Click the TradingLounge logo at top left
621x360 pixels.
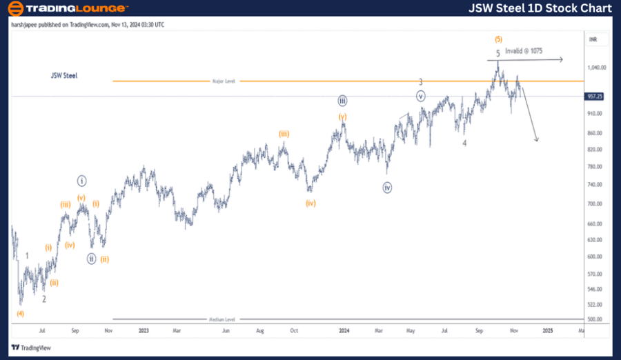pos(68,8)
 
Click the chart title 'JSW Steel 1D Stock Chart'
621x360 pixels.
pos(540,8)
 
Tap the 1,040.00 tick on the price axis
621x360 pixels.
pos(596,68)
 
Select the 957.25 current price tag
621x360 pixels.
pos(594,97)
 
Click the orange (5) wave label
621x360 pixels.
pos(497,39)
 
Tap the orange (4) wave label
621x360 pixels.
pos(21,313)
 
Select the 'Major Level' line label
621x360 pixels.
pos(223,81)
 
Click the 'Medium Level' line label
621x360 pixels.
pos(221,319)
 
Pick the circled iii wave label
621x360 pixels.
pos(342,101)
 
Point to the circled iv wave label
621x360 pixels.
pos(388,188)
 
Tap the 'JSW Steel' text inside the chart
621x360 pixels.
pos(64,75)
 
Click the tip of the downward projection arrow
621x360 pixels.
pos(538,141)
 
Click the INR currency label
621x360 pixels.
pos(593,39)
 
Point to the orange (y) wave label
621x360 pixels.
pos(342,117)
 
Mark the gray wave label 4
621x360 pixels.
pos(464,143)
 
